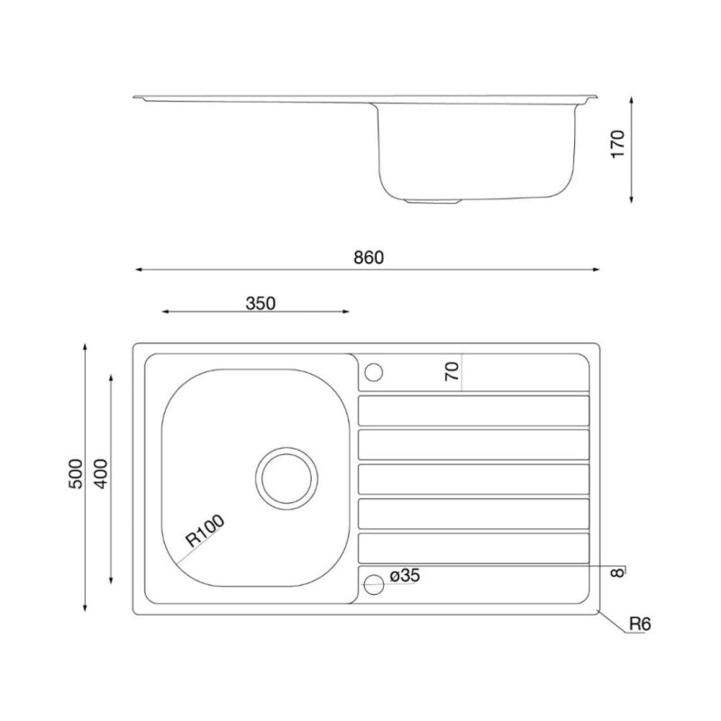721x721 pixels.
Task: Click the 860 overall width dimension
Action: (x=368, y=257)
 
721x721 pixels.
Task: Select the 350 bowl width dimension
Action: (x=260, y=303)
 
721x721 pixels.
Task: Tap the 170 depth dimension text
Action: (x=617, y=144)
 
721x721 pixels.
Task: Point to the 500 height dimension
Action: (x=76, y=474)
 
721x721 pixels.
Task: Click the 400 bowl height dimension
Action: (x=101, y=474)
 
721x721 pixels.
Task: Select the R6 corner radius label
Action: (x=639, y=623)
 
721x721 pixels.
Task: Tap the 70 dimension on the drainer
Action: (x=452, y=371)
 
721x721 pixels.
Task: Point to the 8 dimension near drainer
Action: (x=616, y=570)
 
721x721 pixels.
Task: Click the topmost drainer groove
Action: (x=474, y=409)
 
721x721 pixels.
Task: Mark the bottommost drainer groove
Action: (x=474, y=547)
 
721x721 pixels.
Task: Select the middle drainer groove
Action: (x=474, y=478)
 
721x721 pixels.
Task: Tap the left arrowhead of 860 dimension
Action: (x=138, y=269)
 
